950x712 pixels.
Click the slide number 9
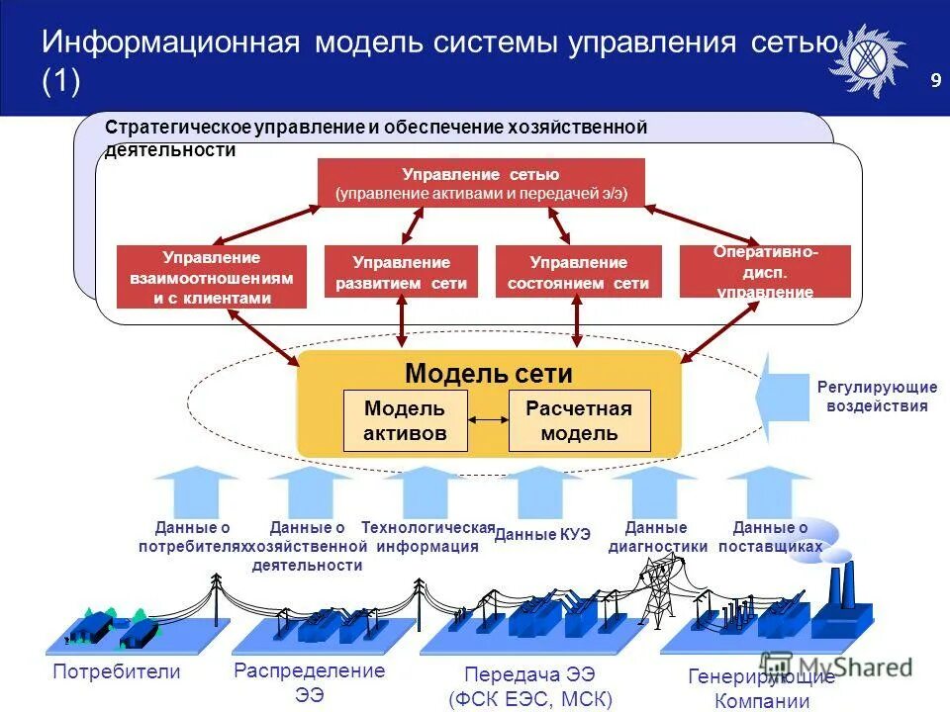tap(935, 81)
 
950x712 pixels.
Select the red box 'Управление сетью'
tap(481, 183)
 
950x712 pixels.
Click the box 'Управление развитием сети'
tap(401, 272)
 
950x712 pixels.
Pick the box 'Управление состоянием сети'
tap(578, 272)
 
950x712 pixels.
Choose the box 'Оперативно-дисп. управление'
tap(765, 272)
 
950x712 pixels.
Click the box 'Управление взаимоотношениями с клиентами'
tap(212, 277)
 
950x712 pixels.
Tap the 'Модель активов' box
tap(405, 420)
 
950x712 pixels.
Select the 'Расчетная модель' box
tap(579, 420)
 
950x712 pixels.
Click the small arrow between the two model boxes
tap(487, 420)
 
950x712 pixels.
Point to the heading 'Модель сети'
tap(489, 374)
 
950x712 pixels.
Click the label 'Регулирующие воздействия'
tap(877, 396)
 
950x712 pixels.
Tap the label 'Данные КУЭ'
tap(542, 534)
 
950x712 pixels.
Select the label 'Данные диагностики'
tap(657, 537)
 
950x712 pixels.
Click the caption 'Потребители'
tap(117, 672)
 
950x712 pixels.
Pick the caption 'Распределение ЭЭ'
tap(309, 682)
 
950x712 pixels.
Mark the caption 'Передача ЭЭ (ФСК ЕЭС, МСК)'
tap(530, 687)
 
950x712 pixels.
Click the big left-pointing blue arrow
tap(784, 398)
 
